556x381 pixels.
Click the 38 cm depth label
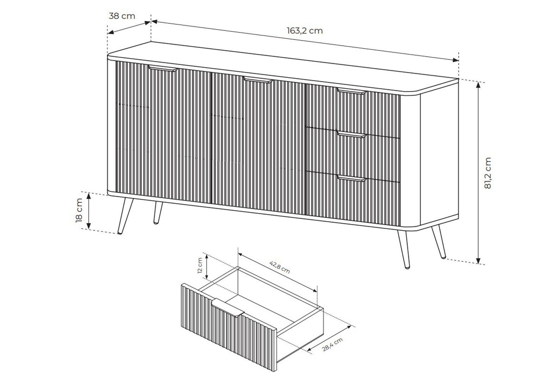tap(122, 16)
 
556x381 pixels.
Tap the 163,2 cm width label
tap(305, 31)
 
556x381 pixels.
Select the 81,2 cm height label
tap(488, 173)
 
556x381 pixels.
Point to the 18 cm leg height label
tap(79, 210)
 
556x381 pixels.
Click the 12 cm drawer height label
tap(200, 266)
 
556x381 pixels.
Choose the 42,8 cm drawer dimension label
tap(280, 267)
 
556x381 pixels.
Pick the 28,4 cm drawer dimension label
tap(332, 345)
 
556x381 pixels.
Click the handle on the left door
tap(163, 68)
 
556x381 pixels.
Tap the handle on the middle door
tap(258, 80)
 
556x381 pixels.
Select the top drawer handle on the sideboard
tap(352, 91)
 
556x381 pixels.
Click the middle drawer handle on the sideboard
tap(352, 135)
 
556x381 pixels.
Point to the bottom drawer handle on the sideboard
tap(352, 179)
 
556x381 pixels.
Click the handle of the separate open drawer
tap(228, 308)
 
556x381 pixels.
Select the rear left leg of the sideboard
tap(158, 213)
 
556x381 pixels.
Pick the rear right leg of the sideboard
tap(439, 242)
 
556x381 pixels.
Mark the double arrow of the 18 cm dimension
tap(88, 211)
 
